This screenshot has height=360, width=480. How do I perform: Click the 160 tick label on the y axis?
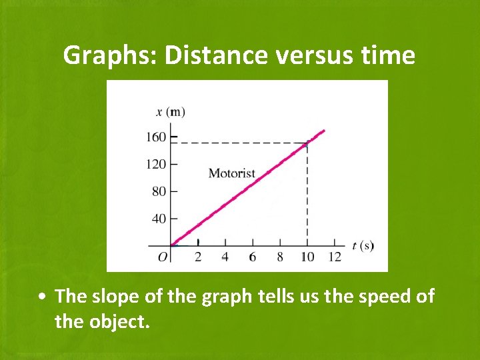pyautogui.click(x=156, y=137)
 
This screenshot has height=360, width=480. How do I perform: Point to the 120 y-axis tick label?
pyautogui.click(x=156, y=164)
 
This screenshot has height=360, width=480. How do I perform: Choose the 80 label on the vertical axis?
pyautogui.click(x=159, y=191)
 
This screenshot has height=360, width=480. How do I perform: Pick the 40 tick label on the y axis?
pyautogui.click(x=159, y=219)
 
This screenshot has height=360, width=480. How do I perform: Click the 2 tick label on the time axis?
pyautogui.click(x=197, y=257)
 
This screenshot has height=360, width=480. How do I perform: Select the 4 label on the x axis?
pyautogui.click(x=225, y=257)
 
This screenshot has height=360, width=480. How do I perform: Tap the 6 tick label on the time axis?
pyautogui.click(x=252, y=257)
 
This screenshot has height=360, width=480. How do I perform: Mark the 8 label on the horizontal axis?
pyautogui.click(x=279, y=257)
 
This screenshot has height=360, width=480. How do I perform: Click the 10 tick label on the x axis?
pyautogui.click(x=307, y=257)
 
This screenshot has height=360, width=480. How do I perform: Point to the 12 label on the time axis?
pyautogui.click(x=335, y=257)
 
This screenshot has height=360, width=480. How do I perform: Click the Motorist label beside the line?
pyautogui.click(x=232, y=173)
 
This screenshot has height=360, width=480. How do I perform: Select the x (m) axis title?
pyautogui.click(x=175, y=111)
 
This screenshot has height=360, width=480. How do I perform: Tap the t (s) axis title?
pyautogui.click(x=363, y=245)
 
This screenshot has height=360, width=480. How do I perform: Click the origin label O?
pyautogui.click(x=163, y=257)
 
